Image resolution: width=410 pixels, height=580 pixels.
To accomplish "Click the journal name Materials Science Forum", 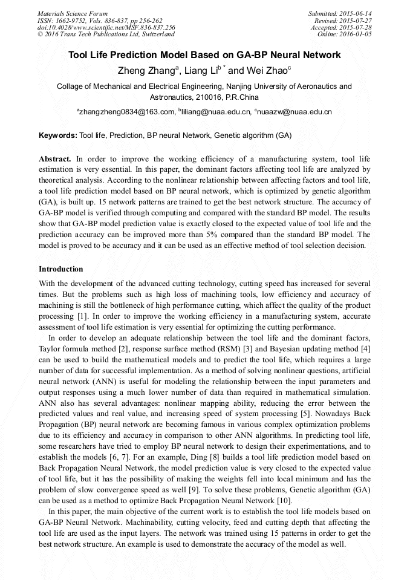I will click(73, 13).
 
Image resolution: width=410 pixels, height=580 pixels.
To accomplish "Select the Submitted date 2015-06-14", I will click(356, 13).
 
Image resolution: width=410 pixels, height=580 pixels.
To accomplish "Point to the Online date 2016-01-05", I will click(356, 34).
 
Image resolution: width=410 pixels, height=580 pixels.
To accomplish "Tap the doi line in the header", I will click(106, 27).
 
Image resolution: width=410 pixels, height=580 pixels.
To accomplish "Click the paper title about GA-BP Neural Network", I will click(204, 55).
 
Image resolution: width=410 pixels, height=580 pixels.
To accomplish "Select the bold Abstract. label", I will click(56, 158).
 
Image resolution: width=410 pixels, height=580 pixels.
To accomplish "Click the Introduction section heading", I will click(61, 269).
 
